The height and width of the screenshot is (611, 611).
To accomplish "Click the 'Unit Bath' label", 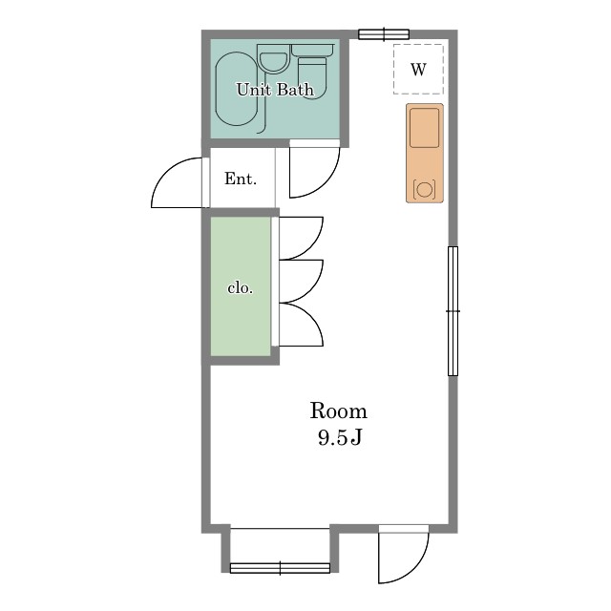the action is pyautogui.click(x=275, y=90).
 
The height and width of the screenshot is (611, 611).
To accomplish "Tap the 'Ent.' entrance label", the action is pyautogui.click(x=241, y=179).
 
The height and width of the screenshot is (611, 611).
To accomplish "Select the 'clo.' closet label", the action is pyautogui.click(x=240, y=288).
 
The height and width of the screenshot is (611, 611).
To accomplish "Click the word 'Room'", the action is pyautogui.click(x=339, y=411).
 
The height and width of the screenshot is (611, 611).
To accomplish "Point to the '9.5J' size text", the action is pyautogui.click(x=340, y=437).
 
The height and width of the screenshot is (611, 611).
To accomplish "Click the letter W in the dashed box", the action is pyautogui.click(x=418, y=70).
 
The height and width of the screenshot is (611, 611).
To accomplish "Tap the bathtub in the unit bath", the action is pyautogui.click(x=237, y=89).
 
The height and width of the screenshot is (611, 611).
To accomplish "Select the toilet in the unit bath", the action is pyautogui.click(x=312, y=72).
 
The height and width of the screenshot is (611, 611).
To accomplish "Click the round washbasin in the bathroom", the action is pyautogui.click(x=274, y=61).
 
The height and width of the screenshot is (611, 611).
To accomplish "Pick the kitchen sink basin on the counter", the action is pyautogui.click(x=424, y=128).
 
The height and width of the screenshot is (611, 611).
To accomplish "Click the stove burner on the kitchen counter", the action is pyautogui.click(x=424, y=189).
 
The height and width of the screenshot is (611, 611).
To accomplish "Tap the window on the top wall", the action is pyautogui.click(x=384, y=34).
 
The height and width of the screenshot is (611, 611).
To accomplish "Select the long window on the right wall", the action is pyautogui.click(x=453, y=311).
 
